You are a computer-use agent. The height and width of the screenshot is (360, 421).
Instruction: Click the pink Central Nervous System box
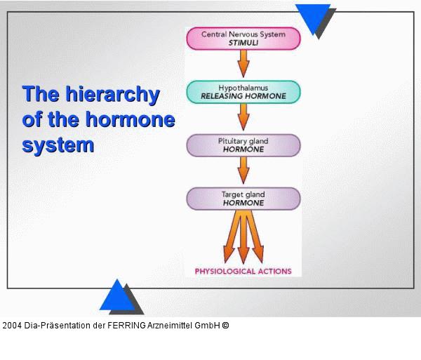[x=243, y=39]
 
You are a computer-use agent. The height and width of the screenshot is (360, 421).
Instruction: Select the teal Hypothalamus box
[x=243, y=92]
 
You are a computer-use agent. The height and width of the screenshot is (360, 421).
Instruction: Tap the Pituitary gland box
[x=243, y=145]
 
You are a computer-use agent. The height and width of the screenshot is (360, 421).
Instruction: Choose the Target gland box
[x=243, y=199]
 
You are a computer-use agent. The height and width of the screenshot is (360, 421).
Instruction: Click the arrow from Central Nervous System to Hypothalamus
[x=243, y=64]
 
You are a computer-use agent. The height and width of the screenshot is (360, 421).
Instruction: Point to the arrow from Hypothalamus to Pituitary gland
[x=243, y=117]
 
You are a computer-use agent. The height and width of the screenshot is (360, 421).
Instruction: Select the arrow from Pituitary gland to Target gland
[x=243, y=171]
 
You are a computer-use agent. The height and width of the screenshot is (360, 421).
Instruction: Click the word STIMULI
[x=243, y=43]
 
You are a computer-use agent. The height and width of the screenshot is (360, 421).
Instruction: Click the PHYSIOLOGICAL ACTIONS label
[x=243, y=272]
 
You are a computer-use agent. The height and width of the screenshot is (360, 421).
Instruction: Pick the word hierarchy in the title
[x=113, y=94]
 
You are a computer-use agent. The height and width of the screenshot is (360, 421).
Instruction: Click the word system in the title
[x=58, y=146]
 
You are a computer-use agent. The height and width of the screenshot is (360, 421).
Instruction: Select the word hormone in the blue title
[x=131, y=119]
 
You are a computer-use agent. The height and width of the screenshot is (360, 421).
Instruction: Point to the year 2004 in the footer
[x=12, y=326]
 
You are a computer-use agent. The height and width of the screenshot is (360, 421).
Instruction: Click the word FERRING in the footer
[x=126, y=326]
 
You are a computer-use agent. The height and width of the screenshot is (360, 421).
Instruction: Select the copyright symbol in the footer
[x=225, y=326]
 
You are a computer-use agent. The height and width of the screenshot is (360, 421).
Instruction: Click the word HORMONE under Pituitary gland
[x=243, y=149]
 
